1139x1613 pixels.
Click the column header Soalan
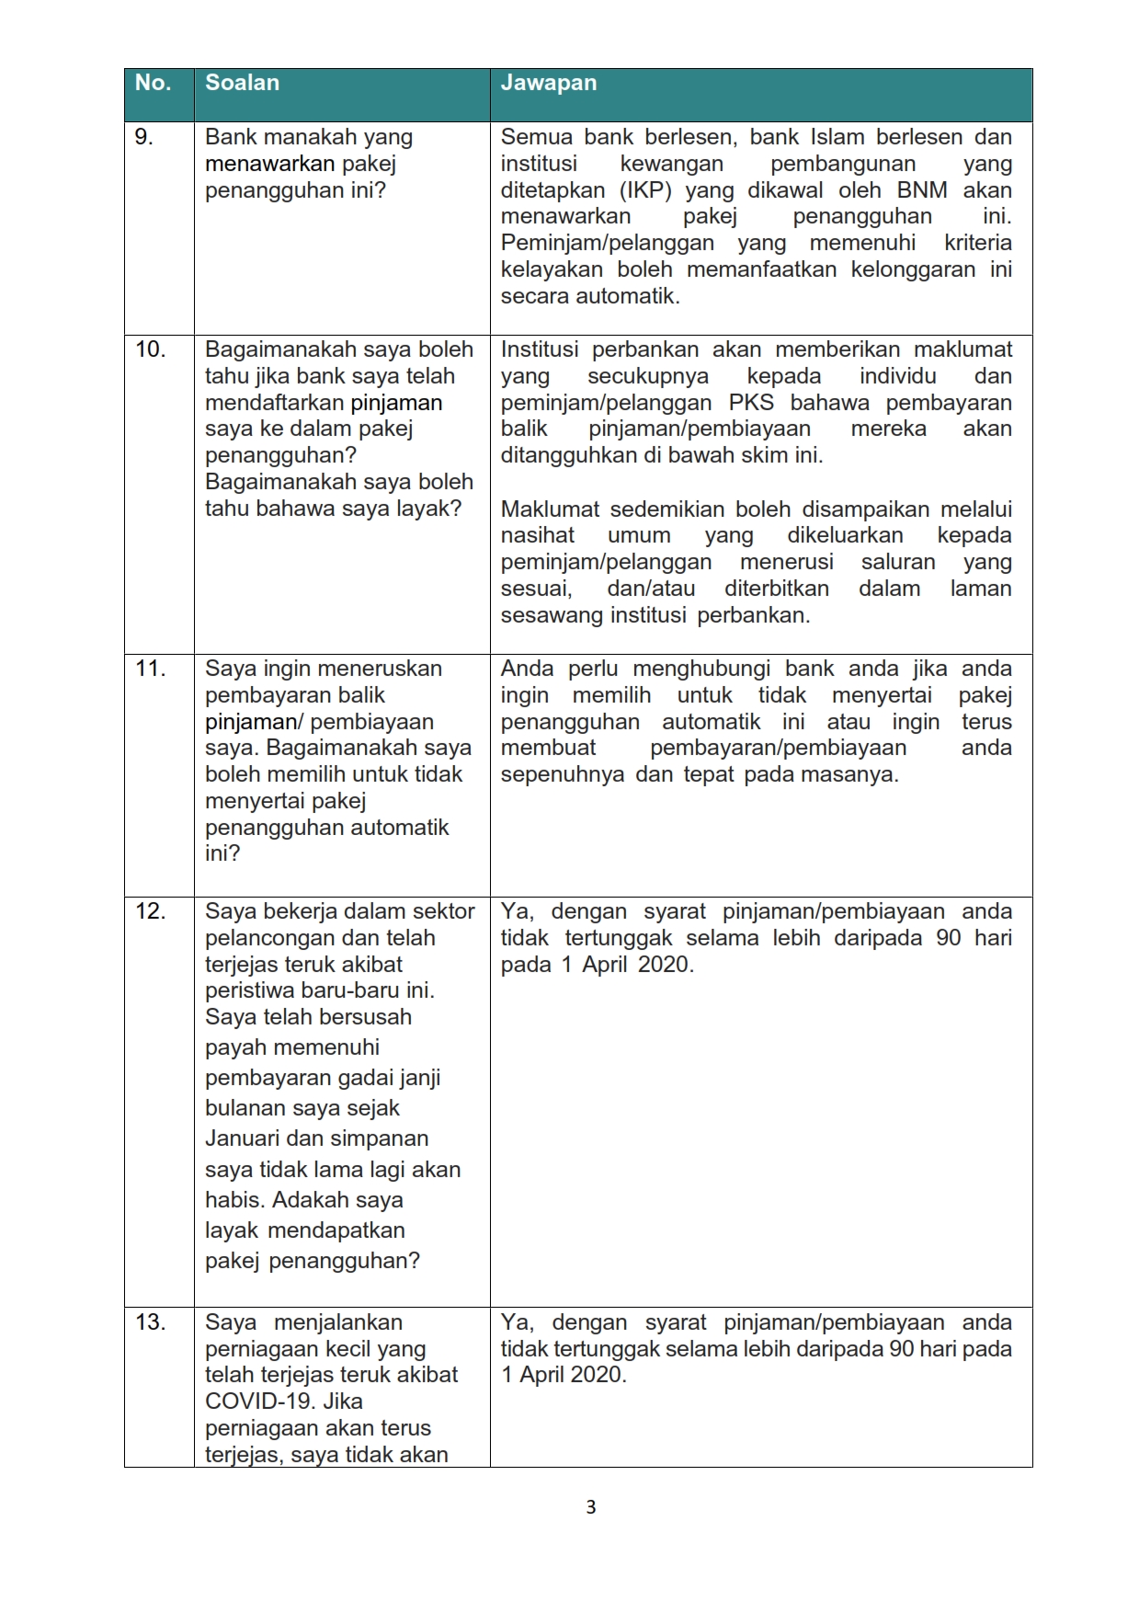(x=242, y=83)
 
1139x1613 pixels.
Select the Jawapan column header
(x=548, y=83)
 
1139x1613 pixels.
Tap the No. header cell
(x=153, y=83)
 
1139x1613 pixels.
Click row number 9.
(x=144, y=137)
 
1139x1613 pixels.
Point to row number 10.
(x=150, y=349)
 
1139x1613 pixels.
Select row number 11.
(x=150, y=669)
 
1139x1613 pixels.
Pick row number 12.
(x=150, y=911)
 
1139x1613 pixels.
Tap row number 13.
(x=150, y=1322)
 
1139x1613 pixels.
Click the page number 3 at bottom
(x=591, y=1507)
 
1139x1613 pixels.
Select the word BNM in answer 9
(x=921, y=190)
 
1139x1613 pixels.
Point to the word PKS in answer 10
(x=751, y=403)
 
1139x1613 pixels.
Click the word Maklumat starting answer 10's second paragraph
(x=550, y=509)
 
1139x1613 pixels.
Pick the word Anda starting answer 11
(x=527, y=669)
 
